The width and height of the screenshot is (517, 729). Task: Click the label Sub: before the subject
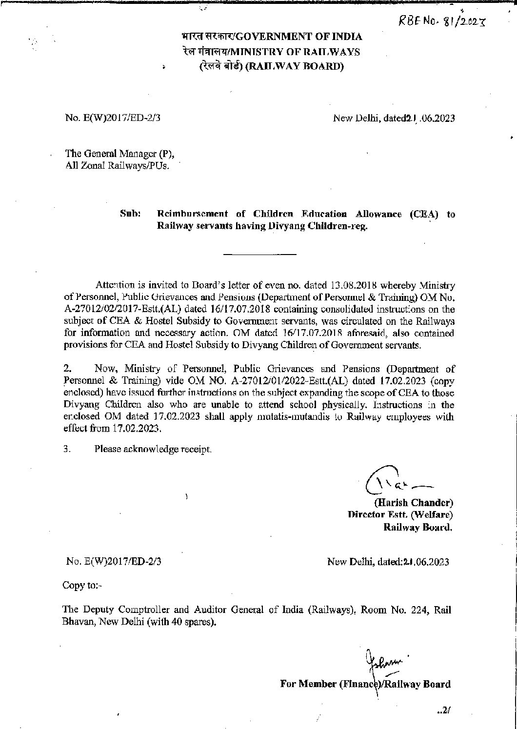pos(130,214)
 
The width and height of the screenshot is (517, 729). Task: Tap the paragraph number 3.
pos(67,449)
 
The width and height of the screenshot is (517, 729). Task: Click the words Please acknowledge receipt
pos(153,449)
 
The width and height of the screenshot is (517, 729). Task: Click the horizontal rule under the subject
pos(259,254)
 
